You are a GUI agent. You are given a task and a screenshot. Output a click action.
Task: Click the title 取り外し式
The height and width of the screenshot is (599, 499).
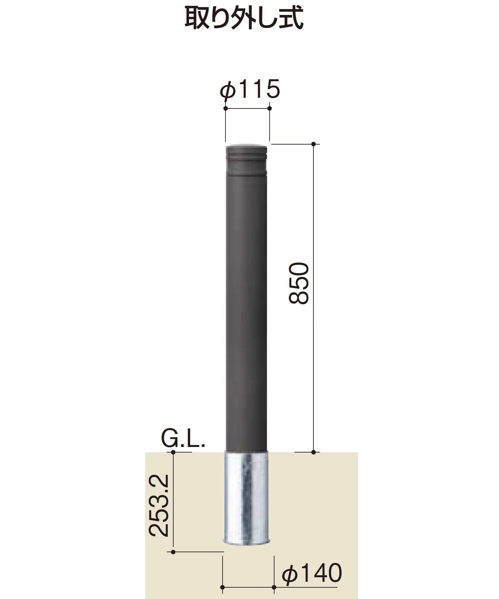[244, 19]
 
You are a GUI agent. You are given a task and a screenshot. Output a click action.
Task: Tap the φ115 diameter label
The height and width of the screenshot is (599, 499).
[250, 89]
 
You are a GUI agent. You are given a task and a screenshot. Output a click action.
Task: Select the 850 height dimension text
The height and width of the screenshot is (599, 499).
[298, 284]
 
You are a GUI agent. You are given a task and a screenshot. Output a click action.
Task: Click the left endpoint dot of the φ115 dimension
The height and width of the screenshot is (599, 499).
[225, 108]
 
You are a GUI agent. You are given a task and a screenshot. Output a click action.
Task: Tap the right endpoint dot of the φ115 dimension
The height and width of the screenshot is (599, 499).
[269, 108]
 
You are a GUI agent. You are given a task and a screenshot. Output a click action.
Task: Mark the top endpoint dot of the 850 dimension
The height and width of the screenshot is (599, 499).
[313, 144]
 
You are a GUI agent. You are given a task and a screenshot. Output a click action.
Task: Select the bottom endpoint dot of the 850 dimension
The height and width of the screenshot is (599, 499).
[313, 452]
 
